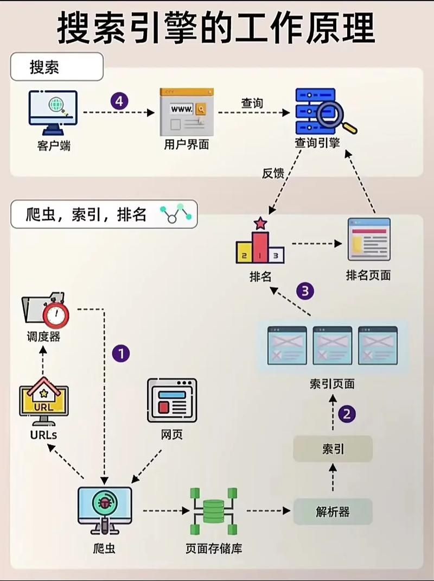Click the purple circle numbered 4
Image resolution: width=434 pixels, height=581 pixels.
click(119, 101)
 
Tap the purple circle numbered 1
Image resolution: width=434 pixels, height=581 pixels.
click(120, 354)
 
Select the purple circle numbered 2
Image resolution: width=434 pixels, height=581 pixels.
click(347, 414)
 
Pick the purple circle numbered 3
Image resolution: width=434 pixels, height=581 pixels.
click(305, 291)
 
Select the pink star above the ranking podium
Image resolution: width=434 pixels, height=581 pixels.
click(260, 223)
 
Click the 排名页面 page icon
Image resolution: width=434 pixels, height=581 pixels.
click(369, 239)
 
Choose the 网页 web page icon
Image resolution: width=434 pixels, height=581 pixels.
click(172, 401)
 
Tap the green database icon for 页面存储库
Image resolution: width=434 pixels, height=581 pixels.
click(213, 511)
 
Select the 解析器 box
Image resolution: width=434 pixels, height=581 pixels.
click(333, 511)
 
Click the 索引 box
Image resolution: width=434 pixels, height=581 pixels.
click(333, 449)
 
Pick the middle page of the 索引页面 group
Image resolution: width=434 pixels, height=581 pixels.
click(332, 345)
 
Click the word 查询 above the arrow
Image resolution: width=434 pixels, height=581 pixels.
click(252, 103)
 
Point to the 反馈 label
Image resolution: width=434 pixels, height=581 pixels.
click(273, 174)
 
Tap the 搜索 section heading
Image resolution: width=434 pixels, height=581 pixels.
click(44, 67)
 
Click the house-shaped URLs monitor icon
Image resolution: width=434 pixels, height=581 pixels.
click(44, 400)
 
